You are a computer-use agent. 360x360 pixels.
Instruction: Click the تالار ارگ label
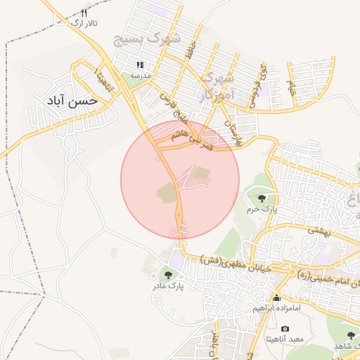[x=85, y=23]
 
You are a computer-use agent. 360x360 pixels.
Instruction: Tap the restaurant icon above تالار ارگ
[x=85, y=13]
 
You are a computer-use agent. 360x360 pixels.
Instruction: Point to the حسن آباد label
[x=70, y=101]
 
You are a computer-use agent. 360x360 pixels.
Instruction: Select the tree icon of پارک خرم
[x=262, y=198]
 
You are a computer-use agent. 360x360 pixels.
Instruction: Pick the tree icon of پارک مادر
[x=167, y=275]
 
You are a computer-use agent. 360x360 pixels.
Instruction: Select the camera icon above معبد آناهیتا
[x=284, y=328]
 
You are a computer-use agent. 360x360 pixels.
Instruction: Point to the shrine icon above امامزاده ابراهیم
[x=276, y=298]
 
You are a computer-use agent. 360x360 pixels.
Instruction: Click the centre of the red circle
[x=180, y=180]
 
